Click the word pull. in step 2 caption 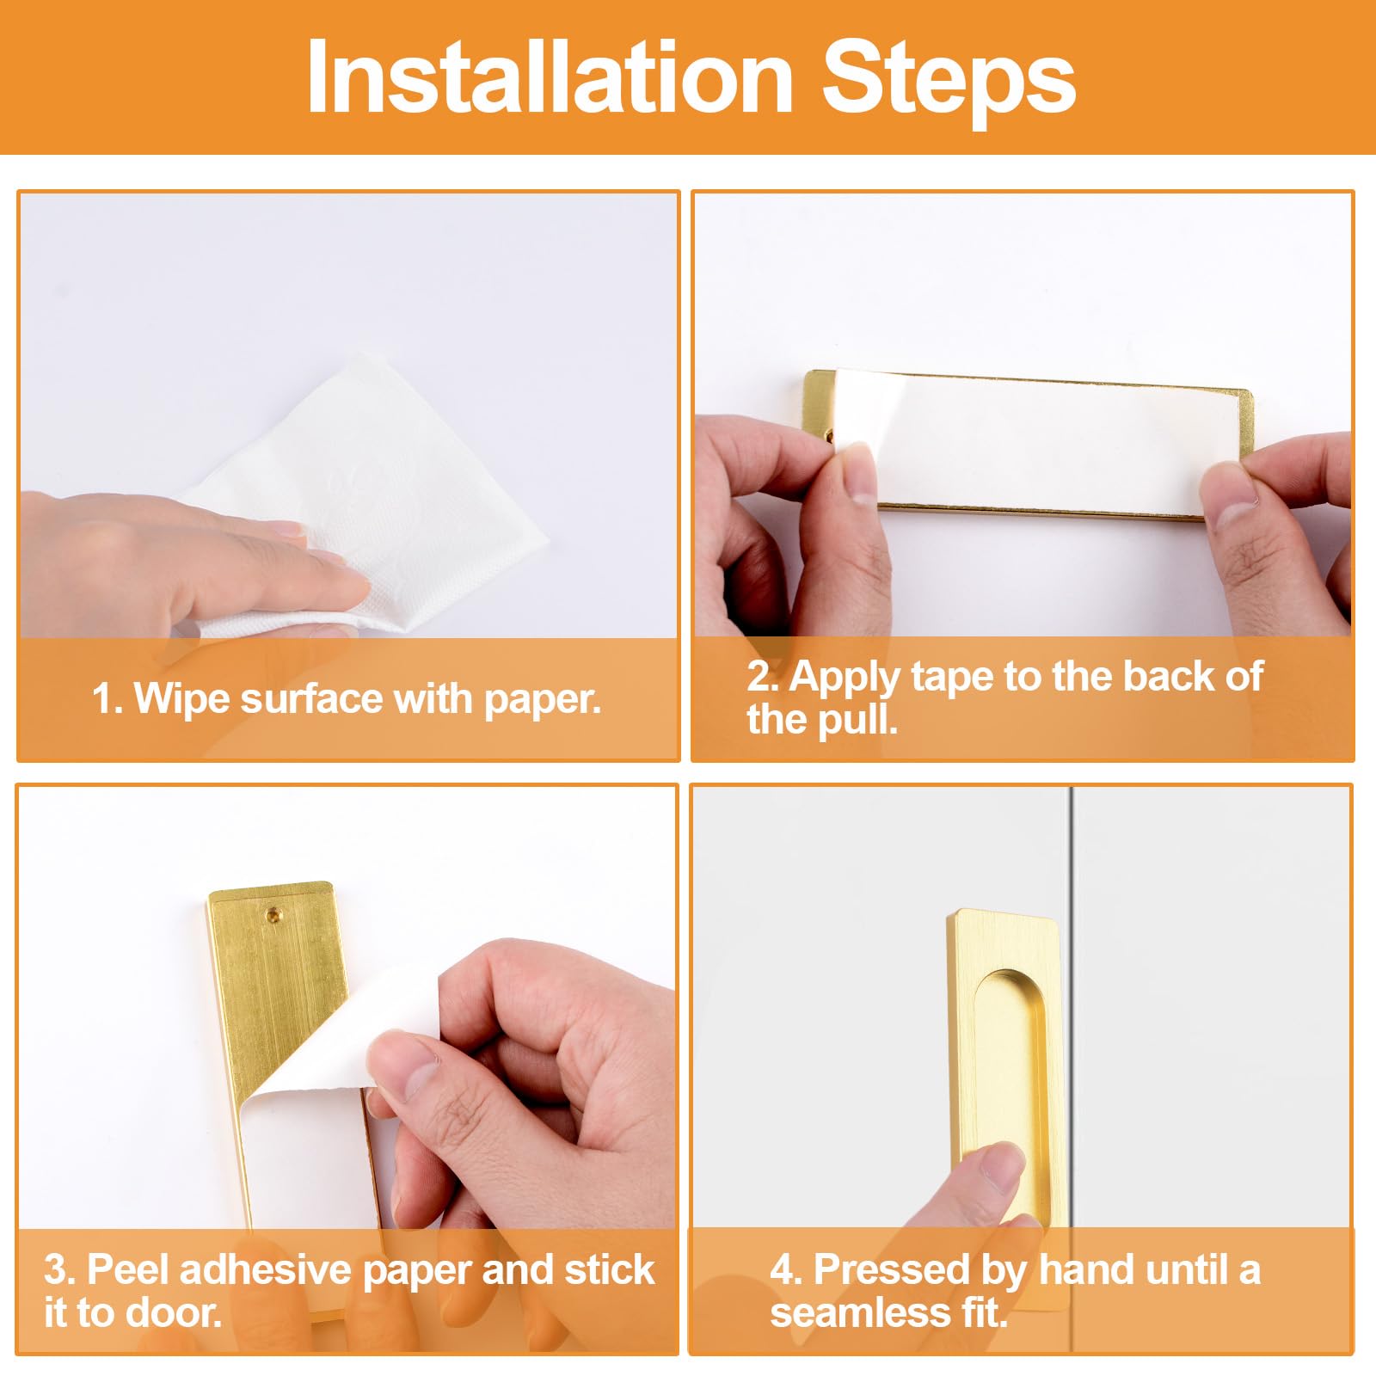coord(857,719)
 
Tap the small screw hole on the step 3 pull coord(274,913)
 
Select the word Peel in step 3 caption coord(130,1270)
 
